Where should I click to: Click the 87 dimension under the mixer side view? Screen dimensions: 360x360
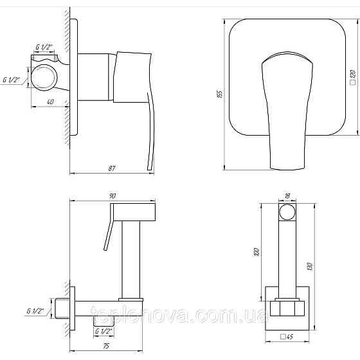click(113, 168)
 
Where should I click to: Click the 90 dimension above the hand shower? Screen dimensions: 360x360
click(113, 195)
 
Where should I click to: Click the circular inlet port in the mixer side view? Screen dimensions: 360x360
click(45, 78)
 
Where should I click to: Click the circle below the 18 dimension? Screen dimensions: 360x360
click(287, 213)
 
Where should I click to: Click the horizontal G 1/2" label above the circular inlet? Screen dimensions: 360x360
click(45, 48)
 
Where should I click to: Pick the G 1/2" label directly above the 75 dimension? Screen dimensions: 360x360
click(104, 332)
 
